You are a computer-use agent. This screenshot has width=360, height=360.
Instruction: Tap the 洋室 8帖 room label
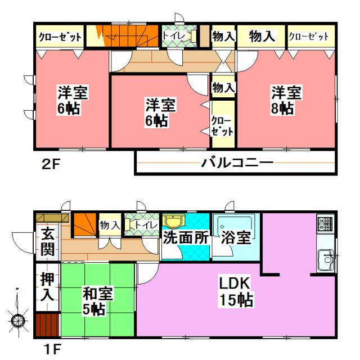(x=287, y=100)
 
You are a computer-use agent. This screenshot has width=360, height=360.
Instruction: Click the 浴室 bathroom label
(x=235, y=237)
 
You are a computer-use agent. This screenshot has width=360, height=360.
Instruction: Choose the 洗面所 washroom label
(x=185, y=237)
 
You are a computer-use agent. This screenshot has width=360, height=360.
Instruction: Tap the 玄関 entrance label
(x=47, y=240)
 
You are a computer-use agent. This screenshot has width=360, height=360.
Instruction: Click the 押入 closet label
(x=47, y=286)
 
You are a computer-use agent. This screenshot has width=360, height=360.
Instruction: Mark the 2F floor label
(x=49, y=165)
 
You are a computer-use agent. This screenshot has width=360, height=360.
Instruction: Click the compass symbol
(x=19, y=321)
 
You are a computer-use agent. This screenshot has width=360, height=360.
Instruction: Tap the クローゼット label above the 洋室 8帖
(x=308, y=37)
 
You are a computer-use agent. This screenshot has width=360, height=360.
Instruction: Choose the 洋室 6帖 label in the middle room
(x=160, y=112)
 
